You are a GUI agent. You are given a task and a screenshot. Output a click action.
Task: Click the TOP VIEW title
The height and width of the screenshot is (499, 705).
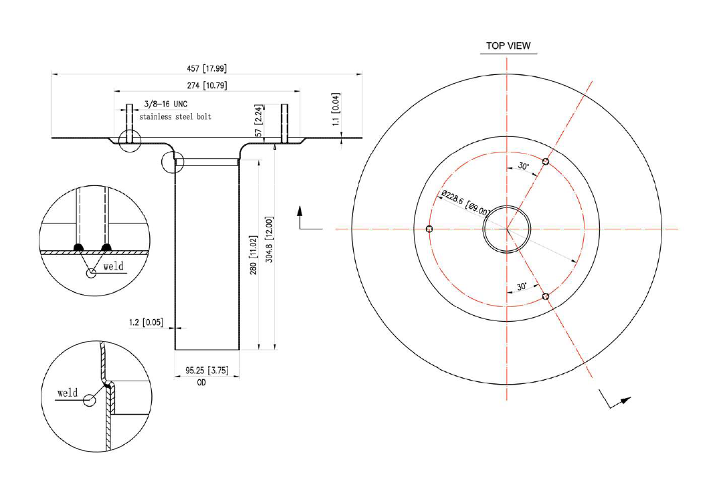click(508, 46)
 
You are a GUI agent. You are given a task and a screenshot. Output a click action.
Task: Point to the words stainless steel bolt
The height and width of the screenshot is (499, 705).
click(175, 117)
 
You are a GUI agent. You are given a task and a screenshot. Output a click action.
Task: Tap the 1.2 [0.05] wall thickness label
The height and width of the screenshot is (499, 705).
click(146, 322)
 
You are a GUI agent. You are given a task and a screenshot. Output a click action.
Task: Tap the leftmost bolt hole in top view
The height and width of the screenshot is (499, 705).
click(429, 229)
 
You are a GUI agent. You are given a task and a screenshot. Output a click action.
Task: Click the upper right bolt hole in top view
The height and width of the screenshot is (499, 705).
click(546, 162)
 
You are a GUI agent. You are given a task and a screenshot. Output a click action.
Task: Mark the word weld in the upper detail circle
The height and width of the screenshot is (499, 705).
click(114, 266)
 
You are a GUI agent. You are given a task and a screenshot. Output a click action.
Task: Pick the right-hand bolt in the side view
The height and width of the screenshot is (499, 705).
click(285, 123)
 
